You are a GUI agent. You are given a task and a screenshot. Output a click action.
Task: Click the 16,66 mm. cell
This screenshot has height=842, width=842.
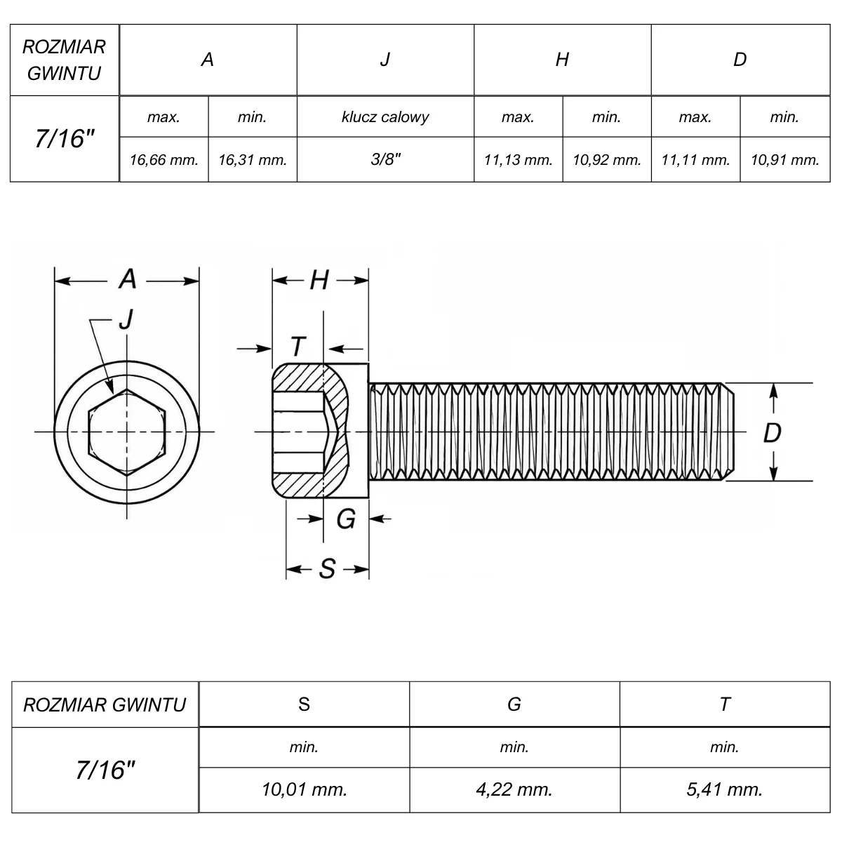pos(164,160)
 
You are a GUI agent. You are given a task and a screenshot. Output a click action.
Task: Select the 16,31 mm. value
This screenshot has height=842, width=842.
pos(253,160)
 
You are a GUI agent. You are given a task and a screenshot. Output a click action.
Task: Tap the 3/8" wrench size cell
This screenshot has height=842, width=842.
pos(385,159)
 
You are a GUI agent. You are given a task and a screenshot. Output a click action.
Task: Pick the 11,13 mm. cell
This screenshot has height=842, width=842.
pos(519,160)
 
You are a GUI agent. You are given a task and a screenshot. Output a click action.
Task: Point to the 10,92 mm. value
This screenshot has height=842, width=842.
pos(607,160)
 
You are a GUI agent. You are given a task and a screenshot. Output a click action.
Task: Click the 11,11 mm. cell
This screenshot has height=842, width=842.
pos(695,160)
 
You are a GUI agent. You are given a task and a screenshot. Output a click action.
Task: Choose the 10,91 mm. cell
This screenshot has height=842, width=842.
pos(784,160)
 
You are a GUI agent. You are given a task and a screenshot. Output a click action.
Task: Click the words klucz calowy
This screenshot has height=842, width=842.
pos(385,117)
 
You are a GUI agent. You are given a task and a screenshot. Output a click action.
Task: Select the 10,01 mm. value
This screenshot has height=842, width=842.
pos(304,789)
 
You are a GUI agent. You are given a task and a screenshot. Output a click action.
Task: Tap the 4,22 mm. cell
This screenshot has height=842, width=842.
pos(514,789)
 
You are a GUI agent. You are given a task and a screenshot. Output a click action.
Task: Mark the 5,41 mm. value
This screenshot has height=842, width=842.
pos(724,789)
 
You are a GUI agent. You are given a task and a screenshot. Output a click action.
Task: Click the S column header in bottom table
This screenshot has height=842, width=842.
pos(304,704)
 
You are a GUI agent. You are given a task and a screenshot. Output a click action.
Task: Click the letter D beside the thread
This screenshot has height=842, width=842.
pos(772,433)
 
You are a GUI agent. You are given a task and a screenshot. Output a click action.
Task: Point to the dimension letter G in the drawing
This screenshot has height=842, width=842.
pos(346,519)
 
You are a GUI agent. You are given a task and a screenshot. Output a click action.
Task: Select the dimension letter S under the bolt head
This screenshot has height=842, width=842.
pos(327,569)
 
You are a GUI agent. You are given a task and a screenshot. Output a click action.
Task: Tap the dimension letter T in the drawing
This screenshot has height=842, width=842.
pos(298,347)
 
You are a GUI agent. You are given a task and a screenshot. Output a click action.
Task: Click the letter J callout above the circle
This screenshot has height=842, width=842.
pos(126,319)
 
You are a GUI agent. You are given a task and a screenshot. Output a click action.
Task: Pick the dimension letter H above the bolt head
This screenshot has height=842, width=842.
pos(319,280)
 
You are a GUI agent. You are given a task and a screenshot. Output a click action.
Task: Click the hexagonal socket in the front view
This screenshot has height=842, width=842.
pos(127,432)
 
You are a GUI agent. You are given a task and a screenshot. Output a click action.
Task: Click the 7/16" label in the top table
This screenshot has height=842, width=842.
pos(65,139)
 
